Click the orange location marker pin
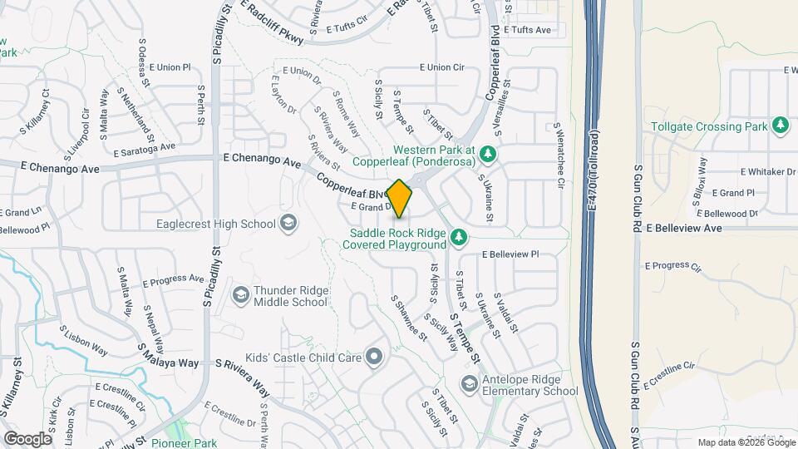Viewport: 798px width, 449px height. [399, 199]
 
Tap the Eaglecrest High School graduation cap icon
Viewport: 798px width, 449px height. [288, 223]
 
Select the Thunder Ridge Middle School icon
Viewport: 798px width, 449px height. [240, 295]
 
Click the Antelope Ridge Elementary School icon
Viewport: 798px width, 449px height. [470, 384]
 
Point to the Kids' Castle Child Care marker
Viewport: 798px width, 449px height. [374, 358]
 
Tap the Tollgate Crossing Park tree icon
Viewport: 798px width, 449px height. [780, 126]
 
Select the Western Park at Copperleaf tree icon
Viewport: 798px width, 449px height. [489, 155]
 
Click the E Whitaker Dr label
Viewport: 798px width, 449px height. [766, 171]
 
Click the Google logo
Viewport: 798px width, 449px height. [27, 438]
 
